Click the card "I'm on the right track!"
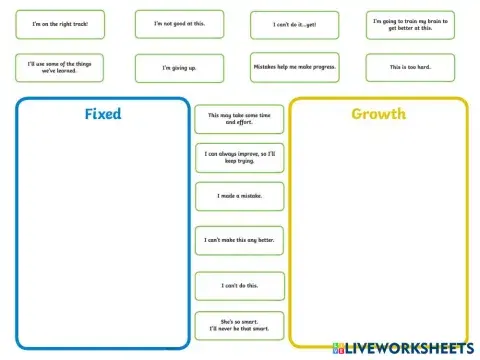point(60,24)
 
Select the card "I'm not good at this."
point(179,24)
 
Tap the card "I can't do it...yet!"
point(295,25)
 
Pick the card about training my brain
point(409,24)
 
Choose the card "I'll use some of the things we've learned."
point(60,67)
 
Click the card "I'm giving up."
point(179,68)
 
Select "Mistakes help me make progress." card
point(295,67)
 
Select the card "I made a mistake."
point(239,196)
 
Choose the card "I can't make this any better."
point(239,240)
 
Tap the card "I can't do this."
point(239,286)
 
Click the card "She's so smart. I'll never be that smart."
point(239,325)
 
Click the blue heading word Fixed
point(103,114)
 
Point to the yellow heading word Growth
point(378,114)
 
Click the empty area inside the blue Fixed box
point(103,230)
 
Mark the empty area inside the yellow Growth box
point(378,230)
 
